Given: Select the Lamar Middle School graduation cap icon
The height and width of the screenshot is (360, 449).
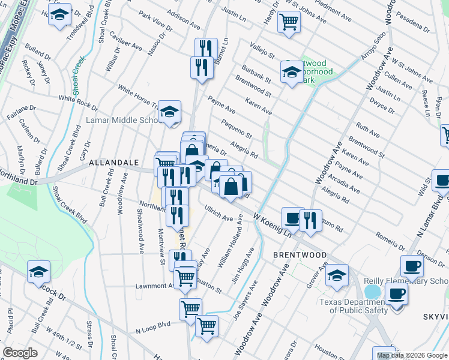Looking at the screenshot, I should pos(169,110).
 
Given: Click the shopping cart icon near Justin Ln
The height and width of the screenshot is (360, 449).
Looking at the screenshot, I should pos(289,22).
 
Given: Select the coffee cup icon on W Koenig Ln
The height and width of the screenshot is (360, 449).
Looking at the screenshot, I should pos(292,218).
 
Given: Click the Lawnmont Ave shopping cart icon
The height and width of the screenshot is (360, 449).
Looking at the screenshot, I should pos(185,277).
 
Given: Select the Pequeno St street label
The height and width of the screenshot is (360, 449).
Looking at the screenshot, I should pos(236,127).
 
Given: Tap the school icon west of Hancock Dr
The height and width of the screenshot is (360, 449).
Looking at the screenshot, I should pos(38,271).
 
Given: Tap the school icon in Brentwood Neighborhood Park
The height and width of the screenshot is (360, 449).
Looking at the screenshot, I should pos(291,73).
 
